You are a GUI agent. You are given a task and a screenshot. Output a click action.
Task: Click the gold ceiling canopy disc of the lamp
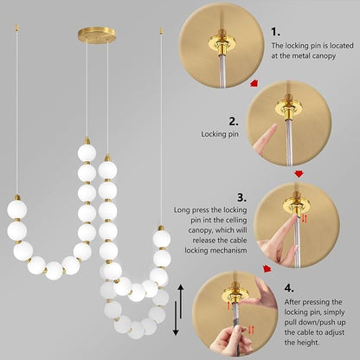pyautogui.click(x=97, y=35)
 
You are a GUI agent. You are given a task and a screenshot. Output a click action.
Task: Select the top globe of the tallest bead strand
pyautogui.click(x=86, y=153)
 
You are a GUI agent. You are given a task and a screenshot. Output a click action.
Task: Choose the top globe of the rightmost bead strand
pyautogui.click(x=161, y=239)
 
